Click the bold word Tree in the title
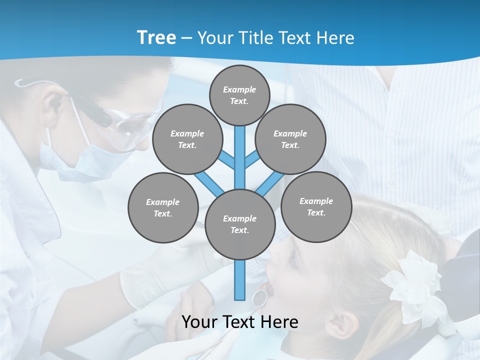pos(156,37)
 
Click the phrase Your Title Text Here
pos(275,38)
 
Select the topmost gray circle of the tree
pos(239,95)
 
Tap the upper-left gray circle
pos(187,139)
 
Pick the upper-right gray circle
pos(290,139)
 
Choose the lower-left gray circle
pos(162,207)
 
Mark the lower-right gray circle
pos(316,206)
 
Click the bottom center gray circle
pos(239,224)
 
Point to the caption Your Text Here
pos(239,322)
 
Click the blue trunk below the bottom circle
pos(239,280)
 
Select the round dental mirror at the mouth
pos(259,297)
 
